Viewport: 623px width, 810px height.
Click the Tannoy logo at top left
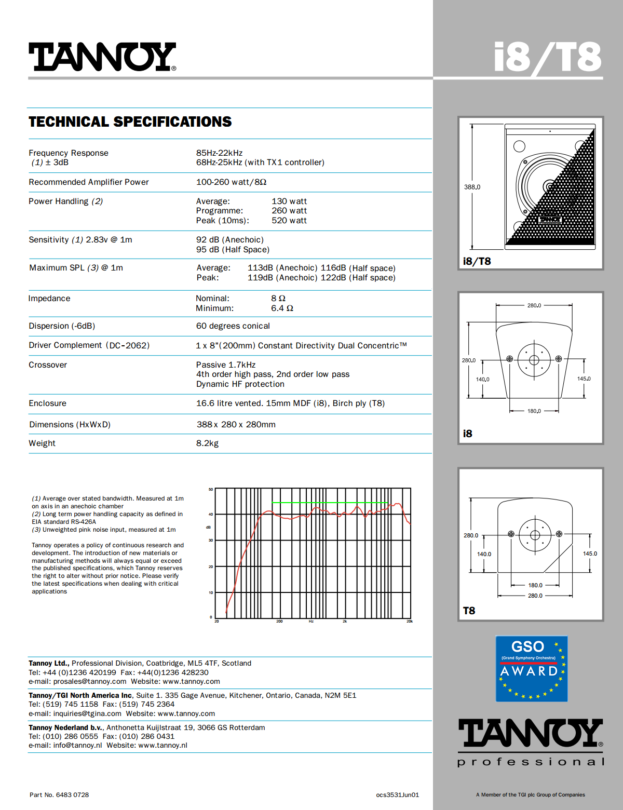pos(102,57)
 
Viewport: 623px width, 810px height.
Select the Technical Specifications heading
pos(130,122)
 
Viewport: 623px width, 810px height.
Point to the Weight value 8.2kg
pos(207,443)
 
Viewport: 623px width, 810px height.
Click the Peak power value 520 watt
pos(289,221)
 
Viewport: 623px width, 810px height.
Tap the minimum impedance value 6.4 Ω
pos(282,308)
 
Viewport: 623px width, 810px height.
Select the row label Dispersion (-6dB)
pos(62,326)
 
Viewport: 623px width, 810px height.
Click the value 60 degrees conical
pos(233,326)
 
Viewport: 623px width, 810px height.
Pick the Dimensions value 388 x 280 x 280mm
pos(236,425)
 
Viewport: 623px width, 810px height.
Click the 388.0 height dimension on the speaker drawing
pos(472,187)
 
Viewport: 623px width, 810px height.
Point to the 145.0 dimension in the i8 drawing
pos(584,379)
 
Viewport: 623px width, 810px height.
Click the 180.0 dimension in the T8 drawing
pos(535,585)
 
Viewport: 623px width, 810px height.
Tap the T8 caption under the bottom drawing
pos(469,611)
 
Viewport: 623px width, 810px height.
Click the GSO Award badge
pos(531,669)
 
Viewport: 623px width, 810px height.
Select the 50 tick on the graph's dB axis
pos(211,489)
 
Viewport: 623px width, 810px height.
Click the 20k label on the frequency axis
pos(410,622)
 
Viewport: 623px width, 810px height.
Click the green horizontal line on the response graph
pos(330,503)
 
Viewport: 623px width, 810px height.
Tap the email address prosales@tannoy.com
pos(90,682)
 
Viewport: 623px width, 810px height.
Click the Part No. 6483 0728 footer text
pos(59,795)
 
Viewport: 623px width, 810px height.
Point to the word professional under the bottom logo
pos(531,762)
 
